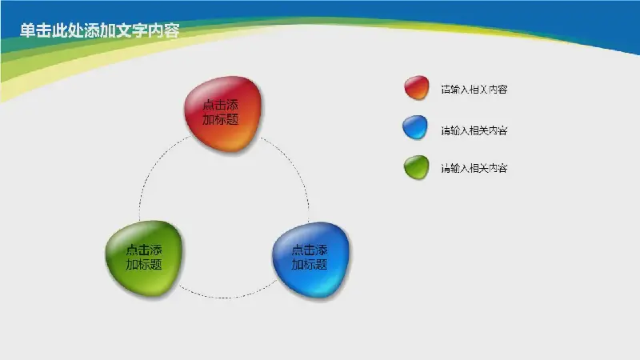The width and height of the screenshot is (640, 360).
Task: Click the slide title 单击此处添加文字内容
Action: pyautogui.click(x=99, y=30)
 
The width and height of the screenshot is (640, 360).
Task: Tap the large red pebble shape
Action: pyautogui.click(x=222, y=114)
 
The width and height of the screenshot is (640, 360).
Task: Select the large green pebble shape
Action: pyautogui.click(x=144, y=258)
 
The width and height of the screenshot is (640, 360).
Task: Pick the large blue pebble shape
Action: pyautogui.click(x=310, y=259)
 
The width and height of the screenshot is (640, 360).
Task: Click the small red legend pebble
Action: pyautogui.click(x=417, y=87)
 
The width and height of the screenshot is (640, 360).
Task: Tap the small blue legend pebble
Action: pyautogui.click(x=415, y=127)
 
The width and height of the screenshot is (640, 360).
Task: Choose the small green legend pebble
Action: pyautogui.click(x=416, y=167)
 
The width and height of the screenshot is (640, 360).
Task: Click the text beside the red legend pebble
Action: pyautogui.click(x=474, y=90)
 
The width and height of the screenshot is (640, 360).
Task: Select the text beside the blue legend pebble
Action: pyautogui.click(x=474, y=130)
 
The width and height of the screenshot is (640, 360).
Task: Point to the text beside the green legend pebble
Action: pyautogui.click(x=474, y=168)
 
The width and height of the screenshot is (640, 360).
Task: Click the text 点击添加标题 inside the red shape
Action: pyautogui.click(x=221, y=112)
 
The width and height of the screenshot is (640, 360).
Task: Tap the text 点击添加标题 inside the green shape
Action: pyautogui.click(x=144, y=257)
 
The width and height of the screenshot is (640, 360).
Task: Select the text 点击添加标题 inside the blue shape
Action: pyautogui.click(x=310, y=257)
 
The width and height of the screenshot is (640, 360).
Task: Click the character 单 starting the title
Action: pyautogui.click(x=27, y=30)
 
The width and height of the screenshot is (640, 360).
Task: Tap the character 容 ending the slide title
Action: pyautogui.click(x=172, y=30)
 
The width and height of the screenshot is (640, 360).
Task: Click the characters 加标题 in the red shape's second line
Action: pyautogui.click(x=221, y=119)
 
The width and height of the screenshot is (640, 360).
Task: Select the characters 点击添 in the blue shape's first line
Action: pyautogui.click(x=310, y=250)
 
